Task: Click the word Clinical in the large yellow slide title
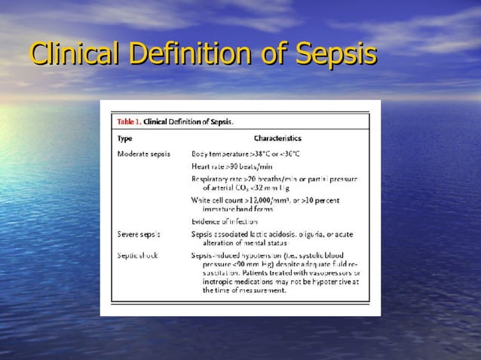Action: pos(76,55)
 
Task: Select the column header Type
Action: pos(124,139)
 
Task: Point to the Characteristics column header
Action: pos(277,139)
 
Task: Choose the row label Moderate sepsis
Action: pos(143,154)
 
